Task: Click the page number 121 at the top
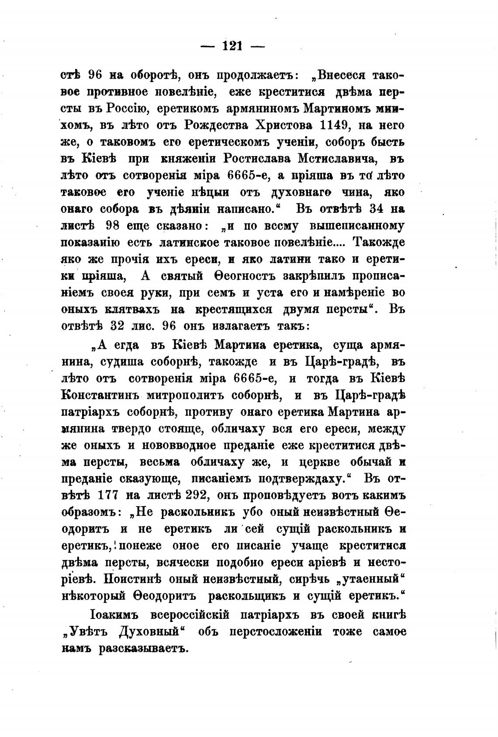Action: [x=232, y=45]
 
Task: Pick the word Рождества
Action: [x=213, y=126]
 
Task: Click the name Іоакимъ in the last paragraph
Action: [x=114, y=615]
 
